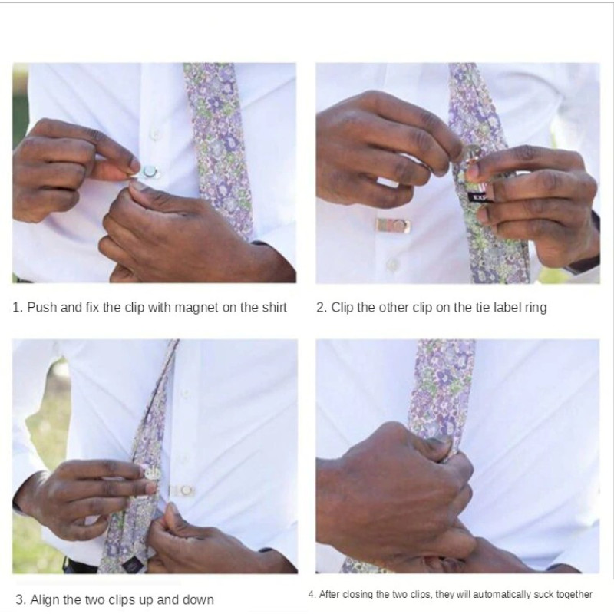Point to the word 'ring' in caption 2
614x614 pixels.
coord(535,309)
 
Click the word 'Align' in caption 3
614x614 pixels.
coord(45,600)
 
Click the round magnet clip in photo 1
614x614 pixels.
coord(150,171)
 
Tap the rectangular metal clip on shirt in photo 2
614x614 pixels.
coord(394,225)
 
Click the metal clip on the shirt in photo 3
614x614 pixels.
coord(183,490)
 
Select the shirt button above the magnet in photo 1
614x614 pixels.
coord(155,133)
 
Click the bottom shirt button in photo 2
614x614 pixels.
coord(392,265)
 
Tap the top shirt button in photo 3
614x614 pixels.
coord(185,394)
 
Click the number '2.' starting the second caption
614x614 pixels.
coord(321,308)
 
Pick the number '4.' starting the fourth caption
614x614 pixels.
coord(312,594)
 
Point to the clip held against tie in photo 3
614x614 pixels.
coord(152,473)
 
